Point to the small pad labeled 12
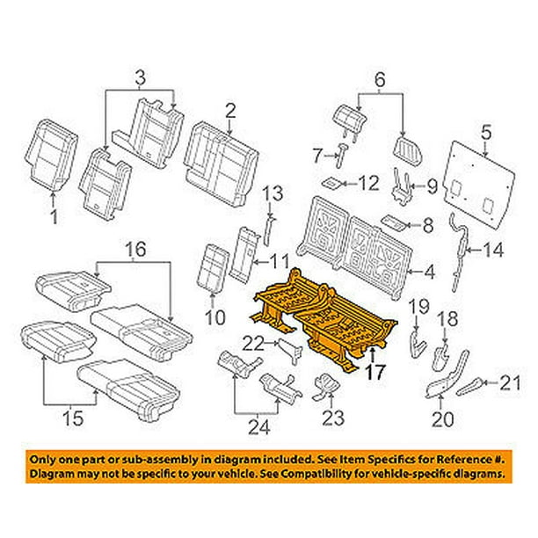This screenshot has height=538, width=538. [x=332, y=184]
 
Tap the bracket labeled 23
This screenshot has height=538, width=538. [x=324, y=383]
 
